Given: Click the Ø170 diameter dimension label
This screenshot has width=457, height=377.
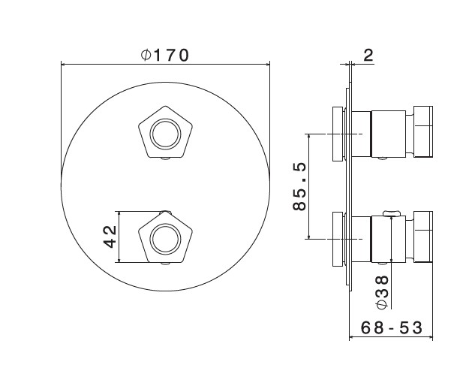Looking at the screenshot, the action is tap(165, 56).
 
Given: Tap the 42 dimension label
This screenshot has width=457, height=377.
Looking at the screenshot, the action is tap(110, 237).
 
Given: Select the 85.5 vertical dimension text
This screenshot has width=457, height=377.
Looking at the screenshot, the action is tap(299, 186).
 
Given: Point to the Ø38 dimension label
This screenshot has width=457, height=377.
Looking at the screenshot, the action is tap(383, 292).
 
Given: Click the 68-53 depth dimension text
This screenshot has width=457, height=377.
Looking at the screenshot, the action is tap(392, 327).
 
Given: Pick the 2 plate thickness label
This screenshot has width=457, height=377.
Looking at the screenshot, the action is tap(368, 56).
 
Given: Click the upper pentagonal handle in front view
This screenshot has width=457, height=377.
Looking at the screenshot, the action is tap(166, 132).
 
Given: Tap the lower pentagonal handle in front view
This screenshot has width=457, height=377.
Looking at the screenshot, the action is tap(166, 237).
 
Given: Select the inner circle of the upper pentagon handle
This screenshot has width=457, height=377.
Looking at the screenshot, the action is tap(166, 134).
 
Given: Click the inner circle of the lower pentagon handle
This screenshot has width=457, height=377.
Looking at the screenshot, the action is tap(166, 239).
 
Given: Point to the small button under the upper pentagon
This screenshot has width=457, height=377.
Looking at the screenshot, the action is tap(166, 159).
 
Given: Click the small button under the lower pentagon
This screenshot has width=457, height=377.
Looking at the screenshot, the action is tap(166, 264).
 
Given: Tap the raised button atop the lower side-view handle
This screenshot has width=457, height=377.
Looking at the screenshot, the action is tap(392, 213).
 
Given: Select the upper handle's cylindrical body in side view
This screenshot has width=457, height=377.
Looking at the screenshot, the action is tap(388, 134).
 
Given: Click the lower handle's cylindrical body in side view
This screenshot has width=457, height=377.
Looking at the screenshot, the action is tap(388, 239).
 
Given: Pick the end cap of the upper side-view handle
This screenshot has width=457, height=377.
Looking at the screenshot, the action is tap(423, 131).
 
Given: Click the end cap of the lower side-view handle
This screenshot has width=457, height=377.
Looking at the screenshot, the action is tap(423, 237).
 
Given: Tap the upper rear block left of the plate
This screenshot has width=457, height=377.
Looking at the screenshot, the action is tap(338, 134).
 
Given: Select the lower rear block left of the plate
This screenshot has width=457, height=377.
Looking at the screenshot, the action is tap(338, 239).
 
